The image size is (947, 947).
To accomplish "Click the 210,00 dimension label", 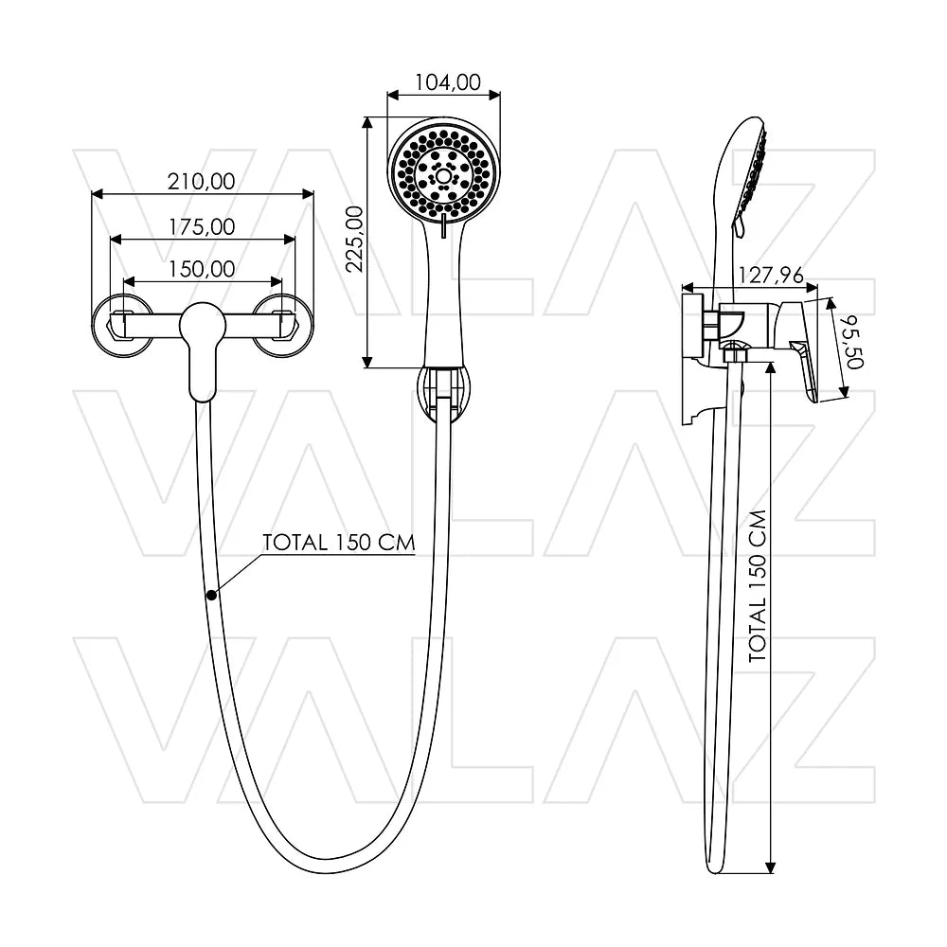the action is tap(201, 181).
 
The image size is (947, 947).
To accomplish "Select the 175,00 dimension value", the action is tap(202, 226).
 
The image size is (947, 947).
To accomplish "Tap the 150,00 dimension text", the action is tap(202, 269).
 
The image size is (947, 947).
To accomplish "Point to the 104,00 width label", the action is tap(448, 81).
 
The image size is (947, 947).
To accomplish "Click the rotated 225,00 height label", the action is tap(354, 239).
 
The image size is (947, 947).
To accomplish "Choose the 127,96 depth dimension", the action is tap(771, 276).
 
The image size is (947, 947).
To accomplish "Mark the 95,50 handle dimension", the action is tap(854, 341).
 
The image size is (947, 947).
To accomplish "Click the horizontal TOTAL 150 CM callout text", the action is tap(339, 543).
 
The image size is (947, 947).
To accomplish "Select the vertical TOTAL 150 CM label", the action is tap(758, 586).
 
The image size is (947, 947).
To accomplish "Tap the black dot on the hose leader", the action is tap(211, 595).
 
